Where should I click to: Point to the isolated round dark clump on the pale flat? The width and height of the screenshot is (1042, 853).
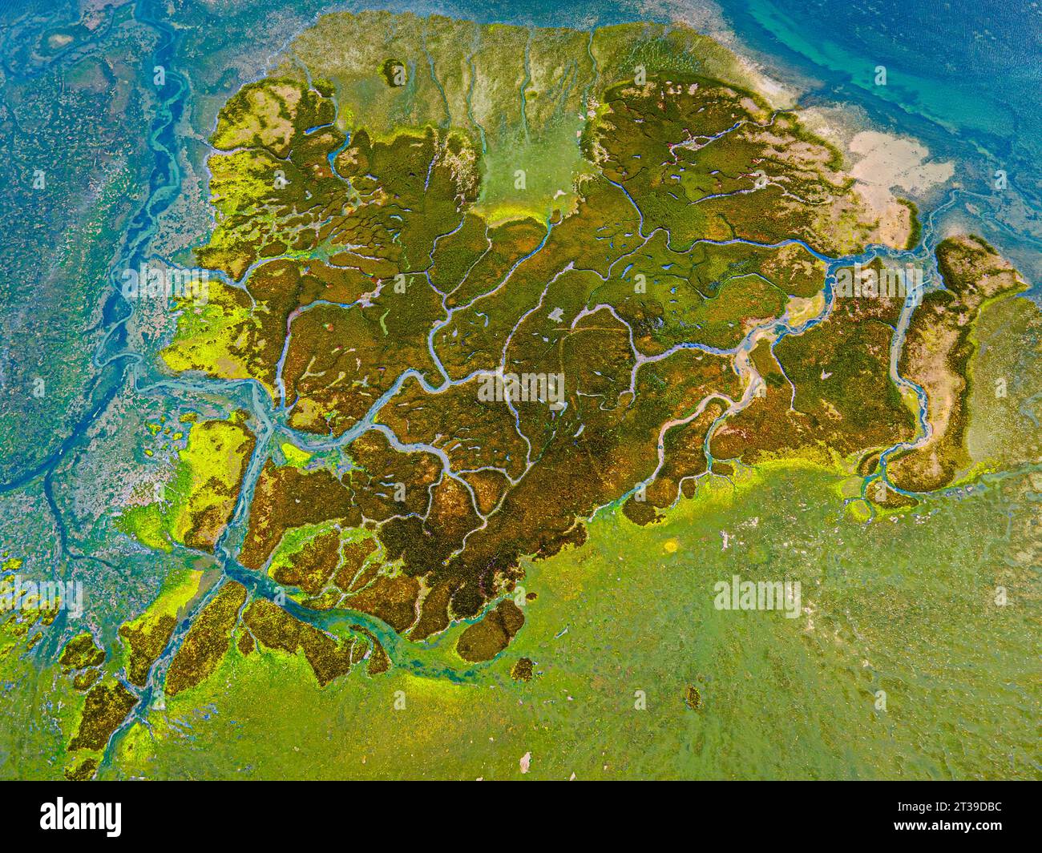[x=394, y=72]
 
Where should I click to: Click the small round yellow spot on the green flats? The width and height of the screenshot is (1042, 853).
[x=670, y=546]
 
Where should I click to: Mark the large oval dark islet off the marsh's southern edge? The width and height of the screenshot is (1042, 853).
[x=491, y=630]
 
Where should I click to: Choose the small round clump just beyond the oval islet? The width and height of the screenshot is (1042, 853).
[x=523, y=668]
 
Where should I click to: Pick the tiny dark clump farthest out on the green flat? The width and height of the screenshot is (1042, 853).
[x=692, y=696]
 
